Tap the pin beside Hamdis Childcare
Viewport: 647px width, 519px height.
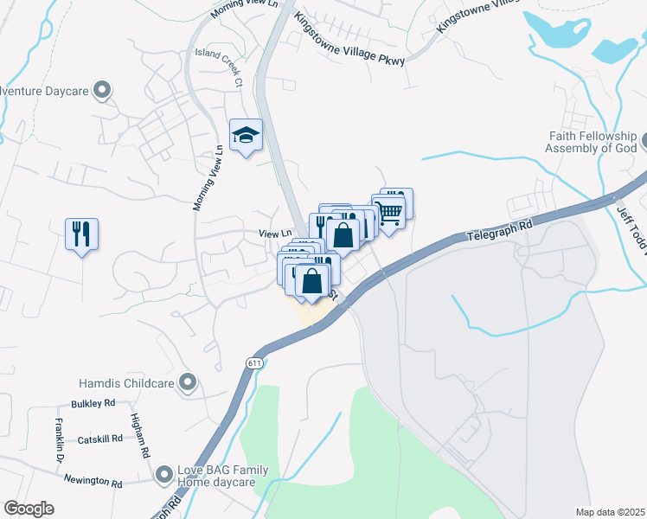point(188,383)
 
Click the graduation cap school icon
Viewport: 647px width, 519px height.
point(246,135)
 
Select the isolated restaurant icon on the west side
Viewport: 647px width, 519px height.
point(81,234)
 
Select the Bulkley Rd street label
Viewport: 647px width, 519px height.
point(93,404)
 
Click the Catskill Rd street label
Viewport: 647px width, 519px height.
point(95,440)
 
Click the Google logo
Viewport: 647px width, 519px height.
point(29,509)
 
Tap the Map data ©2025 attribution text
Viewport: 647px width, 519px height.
point(609,512)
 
